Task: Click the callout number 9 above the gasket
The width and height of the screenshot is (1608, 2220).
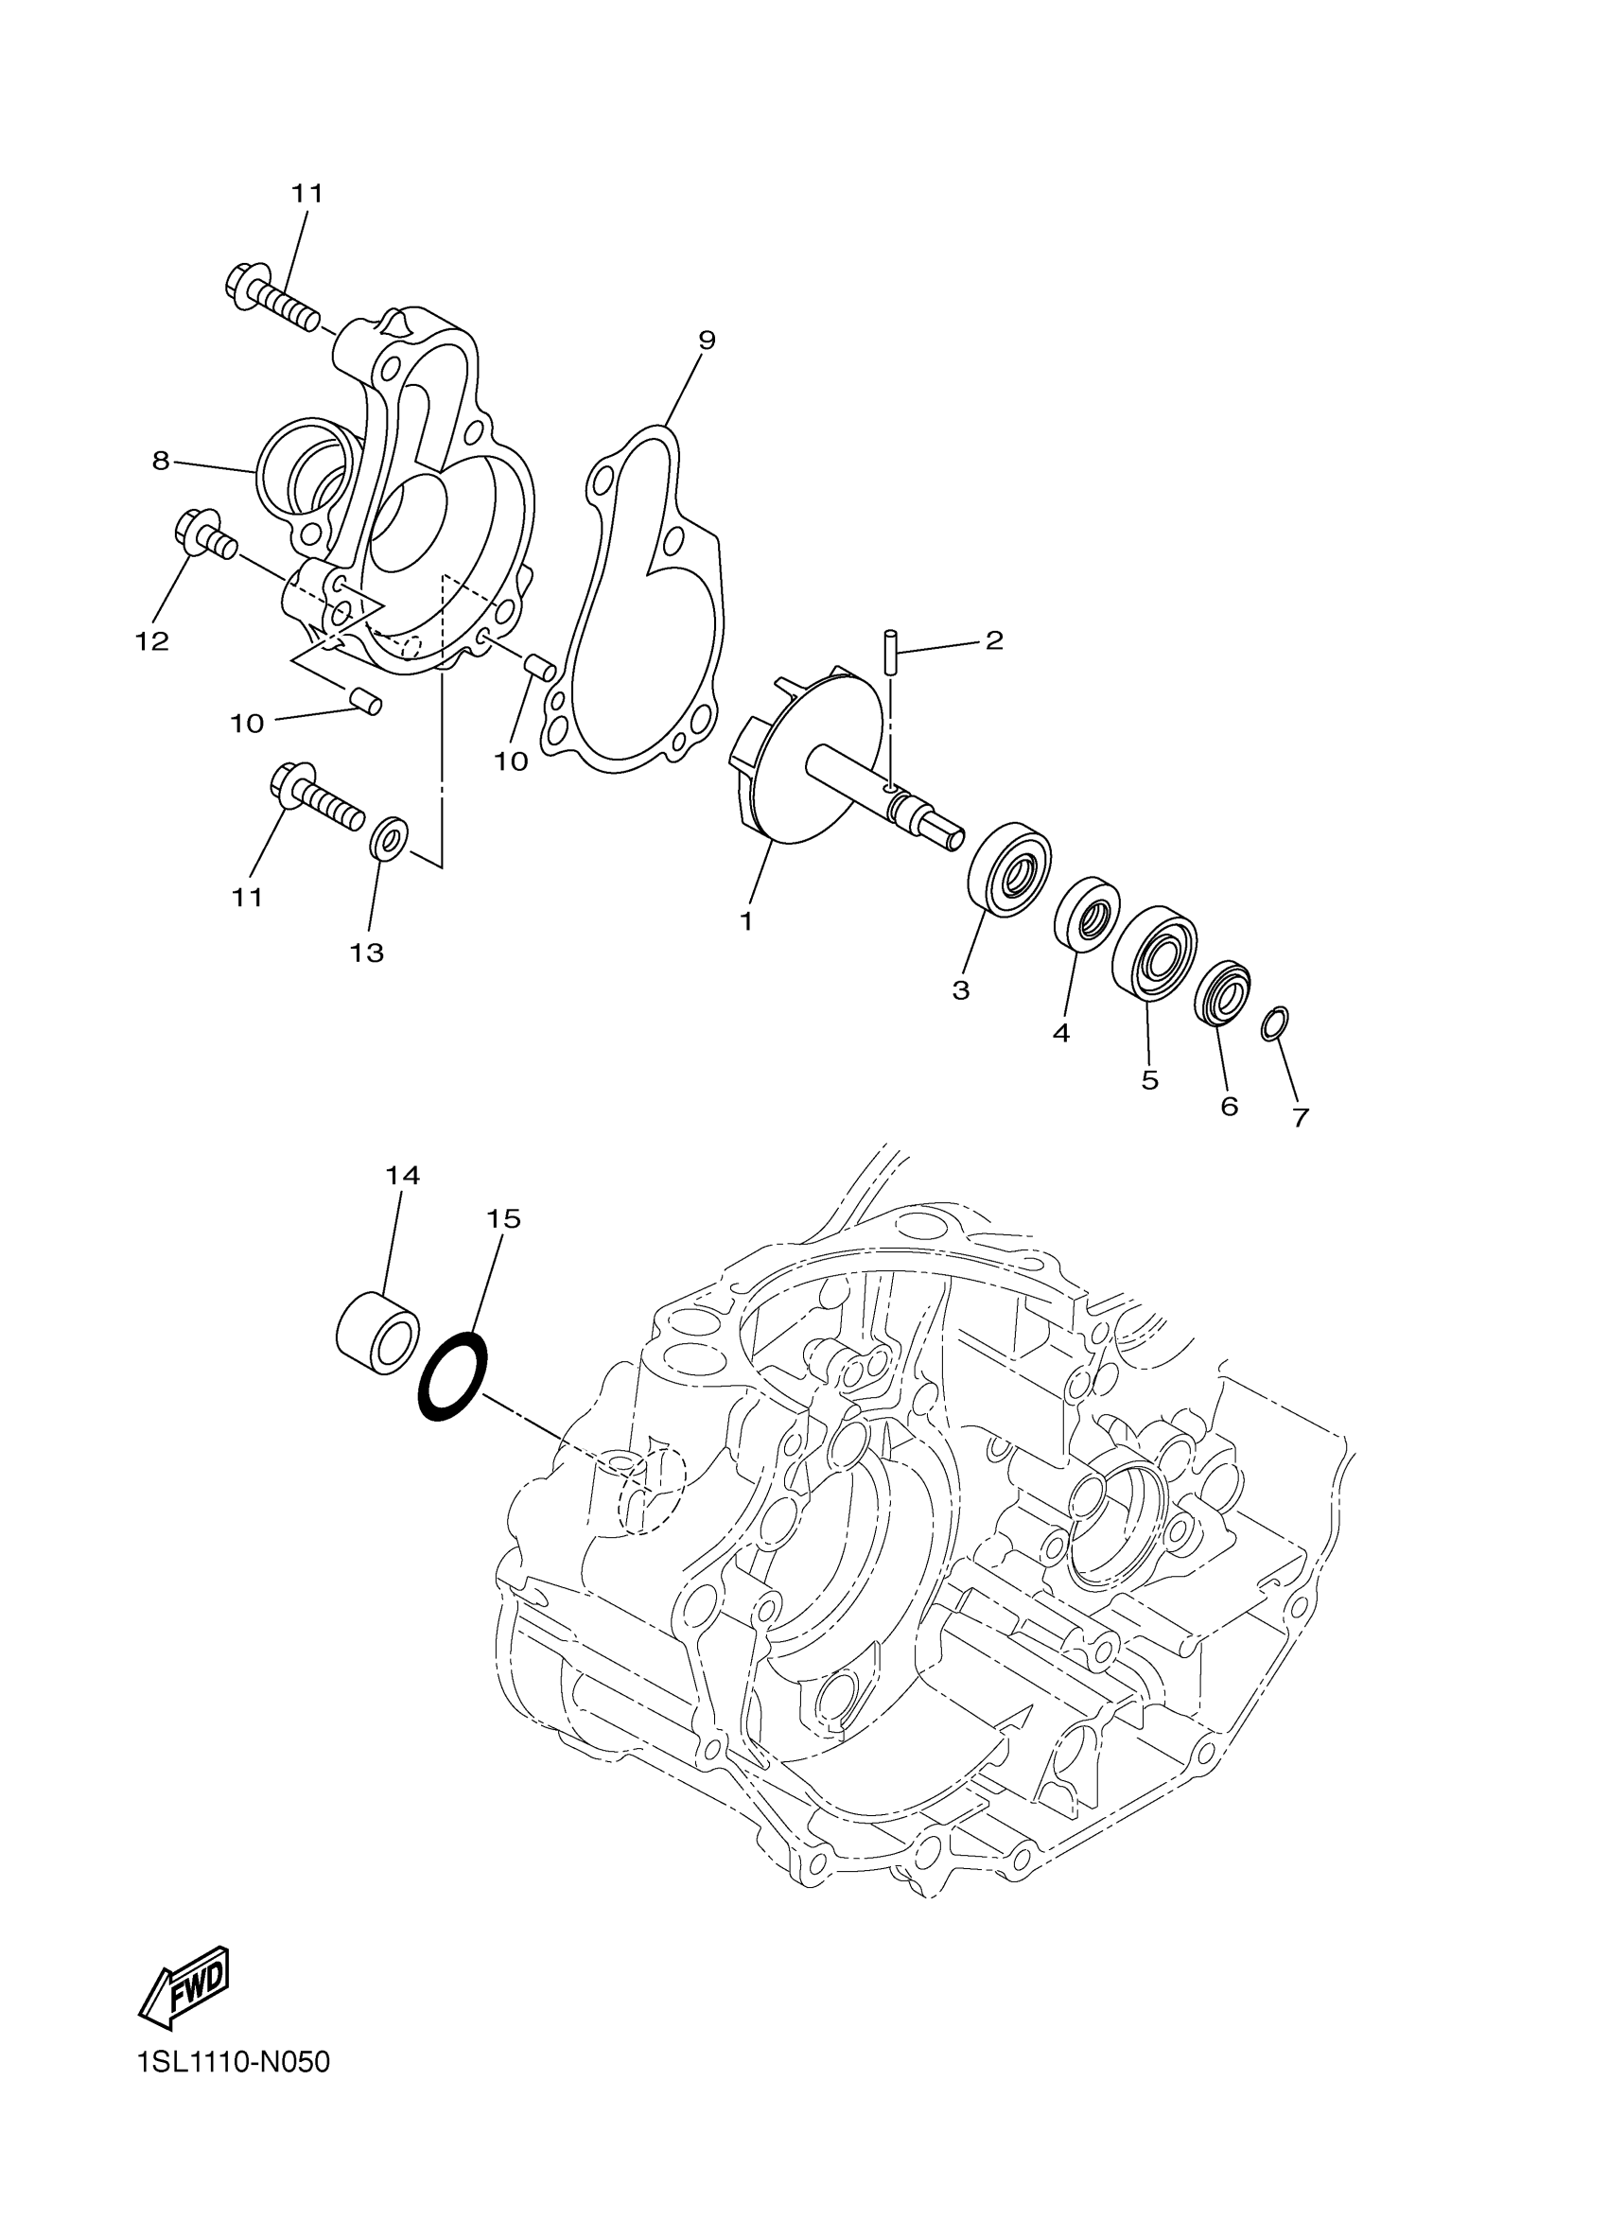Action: [x=706, y=340]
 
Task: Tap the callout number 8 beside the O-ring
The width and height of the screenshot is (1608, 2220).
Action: [x=162, y=461]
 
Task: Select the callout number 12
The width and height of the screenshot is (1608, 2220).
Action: [x=151, y=641]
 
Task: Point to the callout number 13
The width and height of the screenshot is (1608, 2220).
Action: [x=367, y=953]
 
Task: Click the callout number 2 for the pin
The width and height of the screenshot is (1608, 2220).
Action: [x=994, y=640]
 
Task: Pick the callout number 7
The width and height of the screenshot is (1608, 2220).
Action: [x=1301, y=1118]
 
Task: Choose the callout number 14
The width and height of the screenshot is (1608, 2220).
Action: [x=402, y=1175]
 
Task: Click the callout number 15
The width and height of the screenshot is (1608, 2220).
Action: [x=503, y=1218]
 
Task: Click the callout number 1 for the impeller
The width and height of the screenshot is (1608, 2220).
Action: [x=745, y=921]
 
